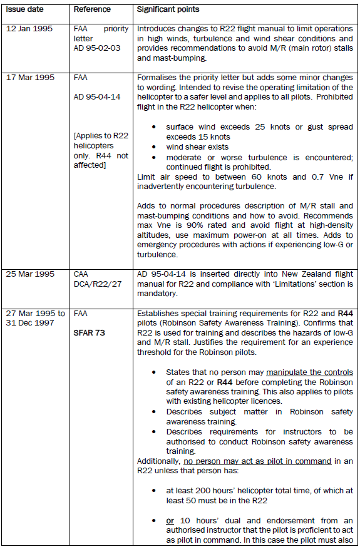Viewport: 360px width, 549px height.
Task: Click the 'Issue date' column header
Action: click(24, 9)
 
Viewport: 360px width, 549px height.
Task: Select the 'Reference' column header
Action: click(93, 9)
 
